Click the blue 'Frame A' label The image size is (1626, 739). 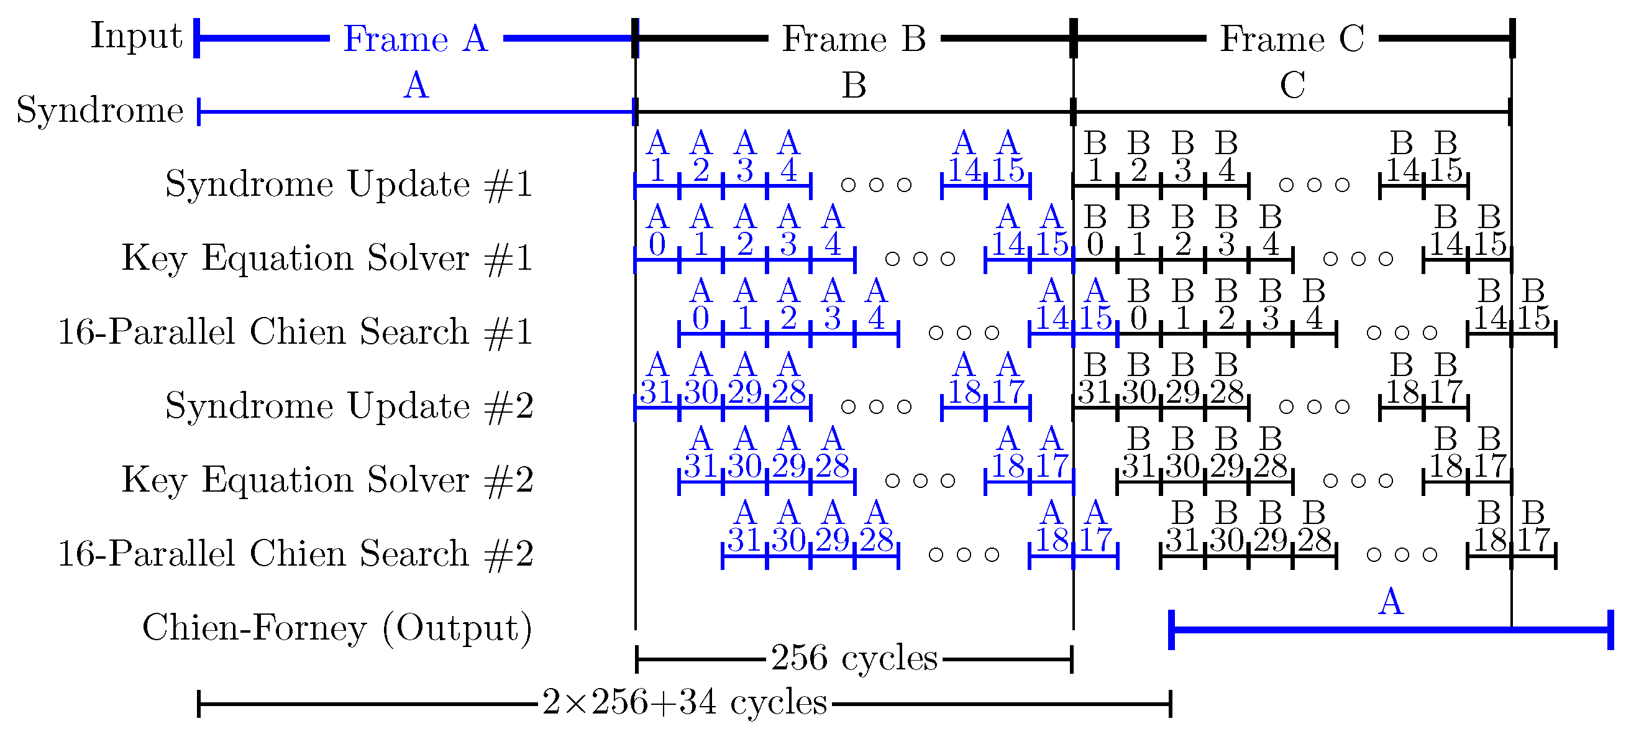point(415,39)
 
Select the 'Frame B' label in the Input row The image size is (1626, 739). point(854,39)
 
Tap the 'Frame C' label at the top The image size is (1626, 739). point(1292,39)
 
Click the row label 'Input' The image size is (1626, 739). point(136,35)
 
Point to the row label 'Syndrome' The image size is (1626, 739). point(100,110)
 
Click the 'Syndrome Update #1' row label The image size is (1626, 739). point(349,185)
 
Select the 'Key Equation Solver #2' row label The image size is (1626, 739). point(327,480)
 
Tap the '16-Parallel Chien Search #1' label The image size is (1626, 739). point(295,333)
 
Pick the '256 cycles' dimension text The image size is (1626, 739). point(854,658)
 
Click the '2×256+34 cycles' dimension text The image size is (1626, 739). point(684,702)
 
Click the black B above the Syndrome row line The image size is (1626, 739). point(854,86)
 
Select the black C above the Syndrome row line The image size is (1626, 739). point(1292,86)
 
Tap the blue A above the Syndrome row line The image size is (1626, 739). point(416,86)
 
